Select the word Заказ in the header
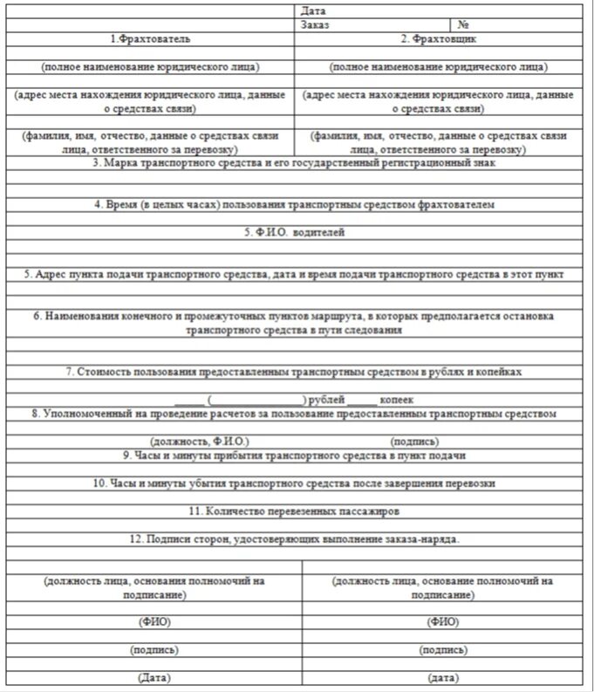[315, 25]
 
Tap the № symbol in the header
[464, 25]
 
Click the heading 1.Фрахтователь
[150, 39]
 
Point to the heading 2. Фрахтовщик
[439, 39]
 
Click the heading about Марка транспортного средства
[295, 162]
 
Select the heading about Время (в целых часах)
[295, 204]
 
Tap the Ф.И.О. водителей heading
[295, 232]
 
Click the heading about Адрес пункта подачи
[295, 274]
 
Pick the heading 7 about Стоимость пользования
[295, 372]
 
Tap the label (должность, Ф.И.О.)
[200, 442]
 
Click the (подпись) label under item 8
[415, 442]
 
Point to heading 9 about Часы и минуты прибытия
[295, 455]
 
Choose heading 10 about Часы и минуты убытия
[295, 483]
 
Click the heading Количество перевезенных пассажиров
[295, 510]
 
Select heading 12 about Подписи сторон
[295, 538]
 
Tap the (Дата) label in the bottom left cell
[154, 678]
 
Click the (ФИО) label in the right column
[442, 621]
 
